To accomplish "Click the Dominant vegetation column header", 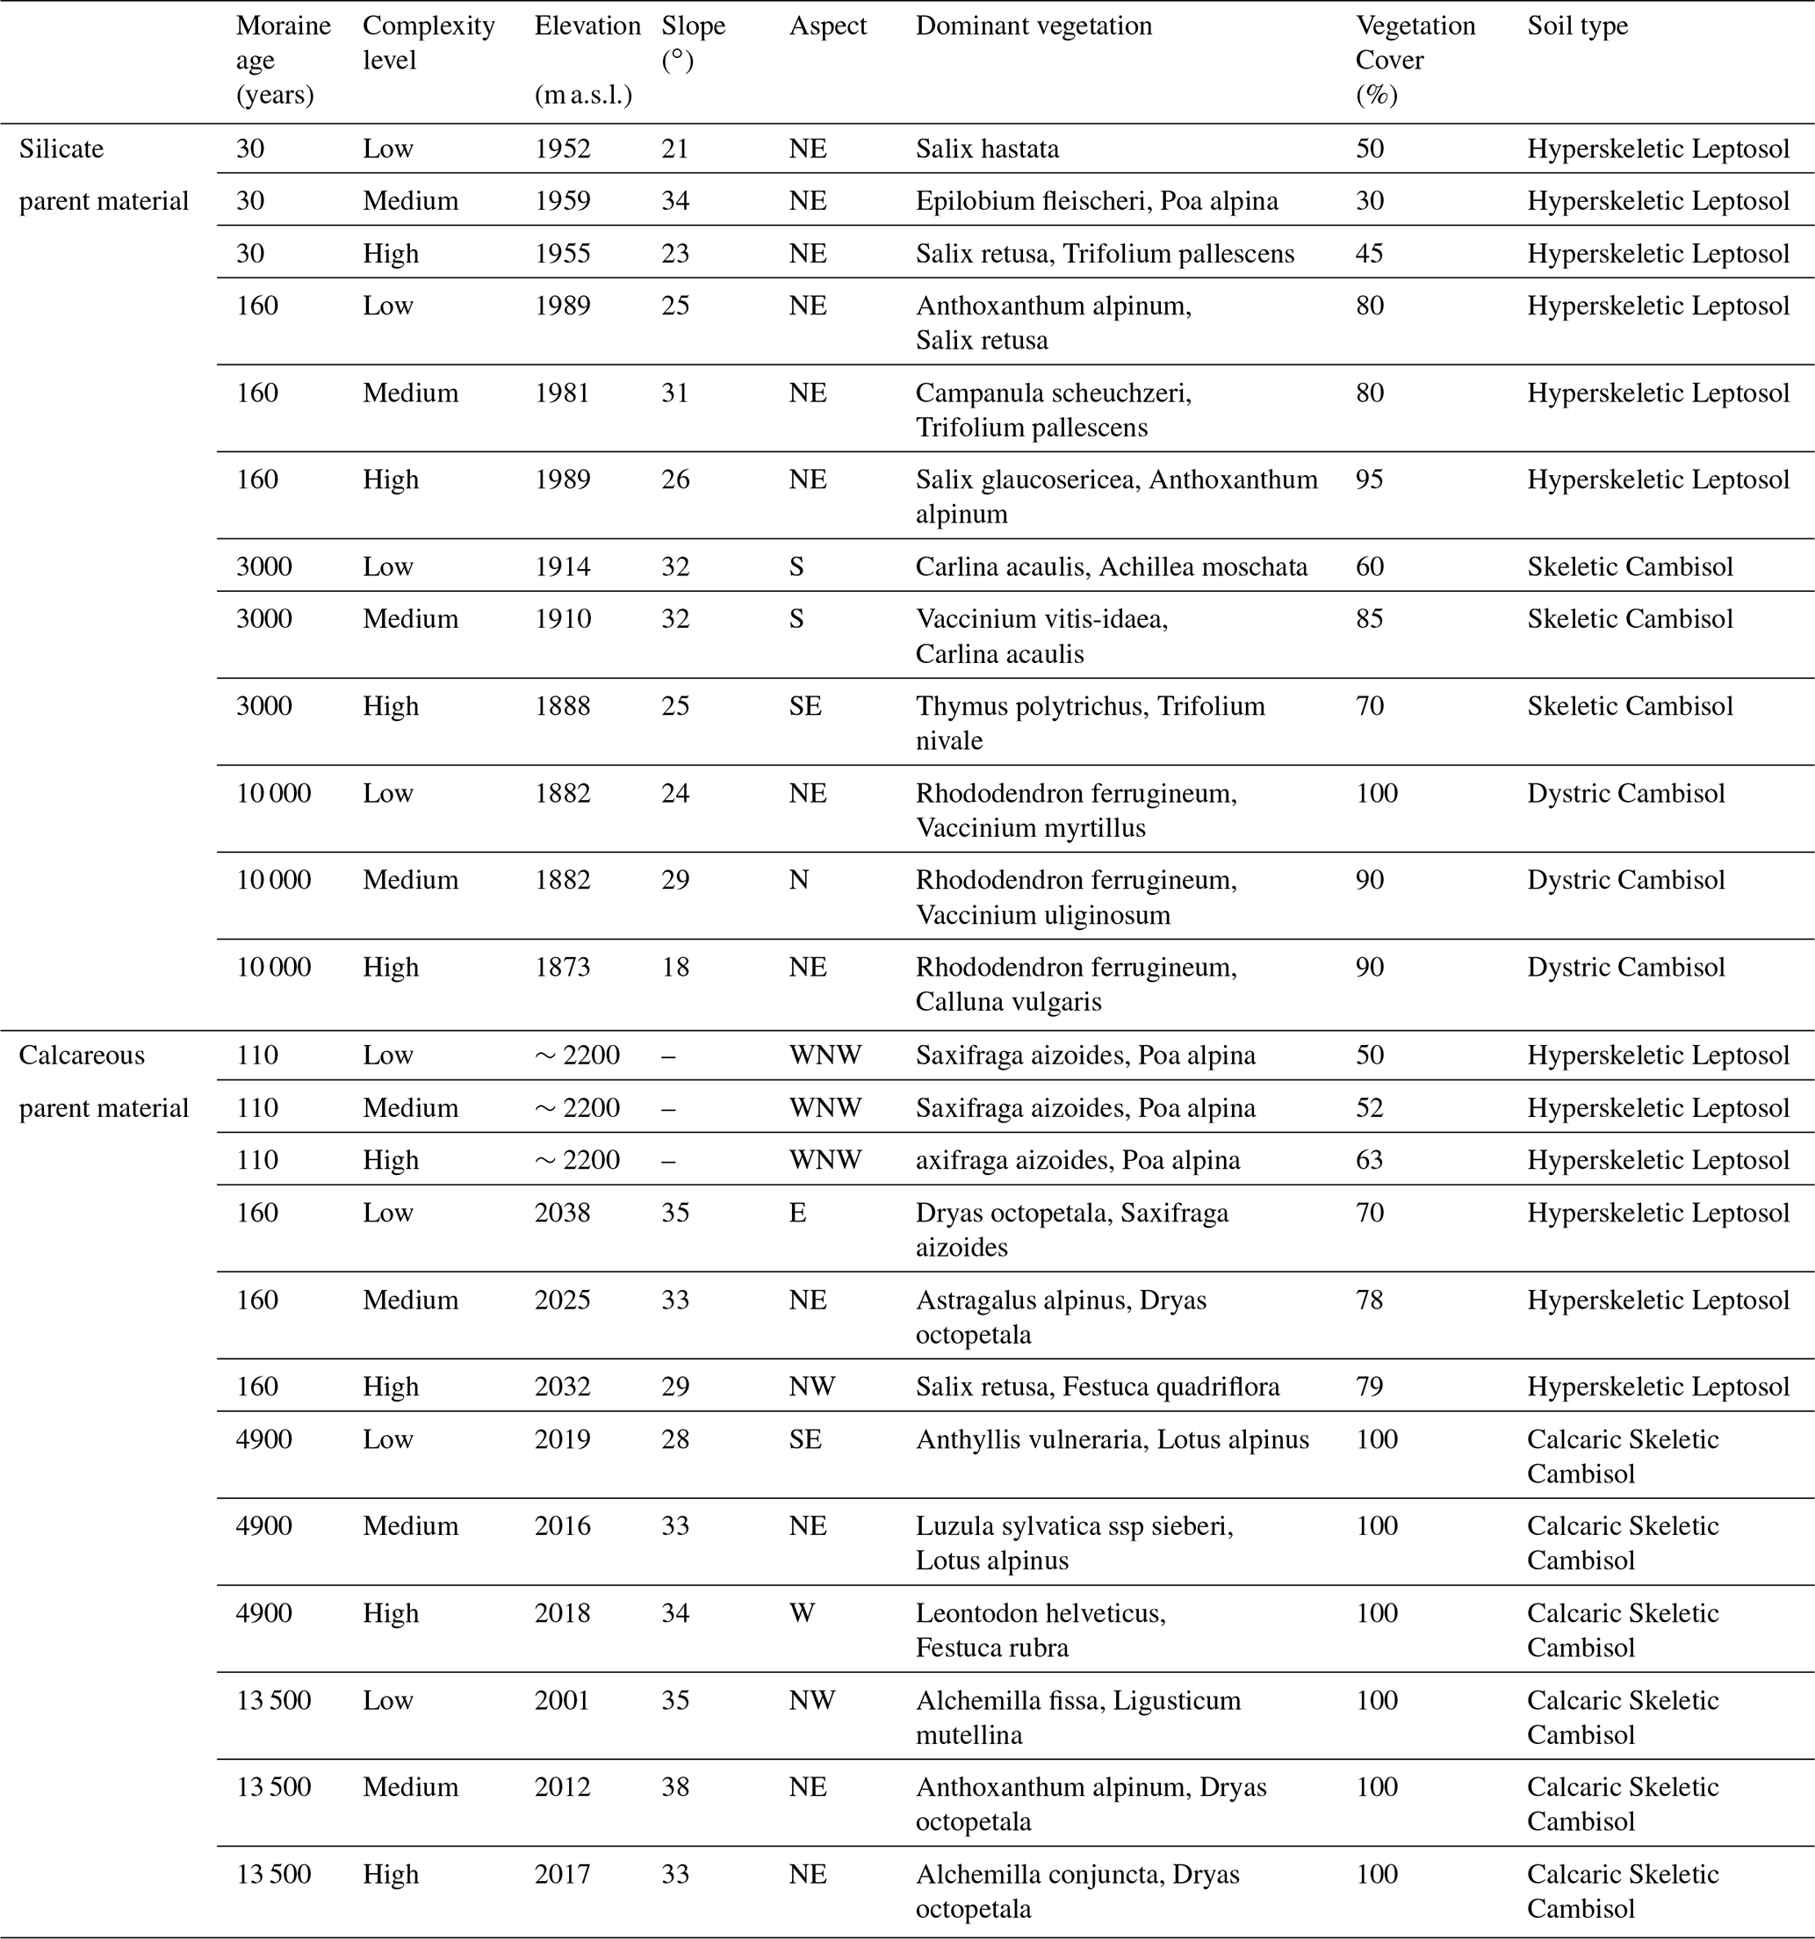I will coord(1033,26).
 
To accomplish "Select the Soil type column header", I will coord(1577,26).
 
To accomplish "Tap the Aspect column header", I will coord(827,26).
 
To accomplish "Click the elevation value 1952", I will coord(562,149).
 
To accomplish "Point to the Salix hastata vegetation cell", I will coord(987,149).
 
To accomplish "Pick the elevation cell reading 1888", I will coord(562,706).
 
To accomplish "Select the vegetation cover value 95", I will coord(1369,479).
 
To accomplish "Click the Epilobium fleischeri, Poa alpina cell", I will coord(1096,201).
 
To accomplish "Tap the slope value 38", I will coord(675,1787).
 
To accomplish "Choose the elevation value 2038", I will coord(562,1213).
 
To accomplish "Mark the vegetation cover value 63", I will coord(1369,1160).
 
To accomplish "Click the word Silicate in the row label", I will coord(61,149).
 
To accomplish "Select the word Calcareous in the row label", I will coord(82,1056).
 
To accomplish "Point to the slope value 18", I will coord(675,968).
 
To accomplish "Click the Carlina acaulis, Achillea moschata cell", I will coord(1111,566).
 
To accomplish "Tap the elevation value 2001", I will coord(562,1700).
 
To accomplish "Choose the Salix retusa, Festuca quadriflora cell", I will coord(1098,1387).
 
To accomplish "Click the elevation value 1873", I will coord(562,968).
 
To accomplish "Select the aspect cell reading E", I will coord(796,1213).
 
